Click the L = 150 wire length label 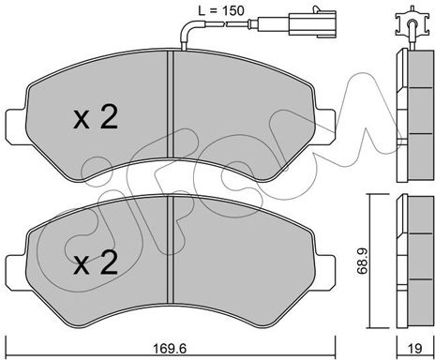[x=221, y=10]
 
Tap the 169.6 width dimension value [x=171, y=348]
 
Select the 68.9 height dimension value [x=362, y=262]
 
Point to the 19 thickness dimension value [x=415, y=348]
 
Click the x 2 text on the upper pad [x=96, y=117]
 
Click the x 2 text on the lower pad [x=96, y=262]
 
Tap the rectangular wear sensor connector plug [x=312, y=23]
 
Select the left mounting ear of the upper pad [x=16, y=127]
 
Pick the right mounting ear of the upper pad [x=325, y=127]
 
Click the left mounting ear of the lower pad [x=16, y=272]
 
